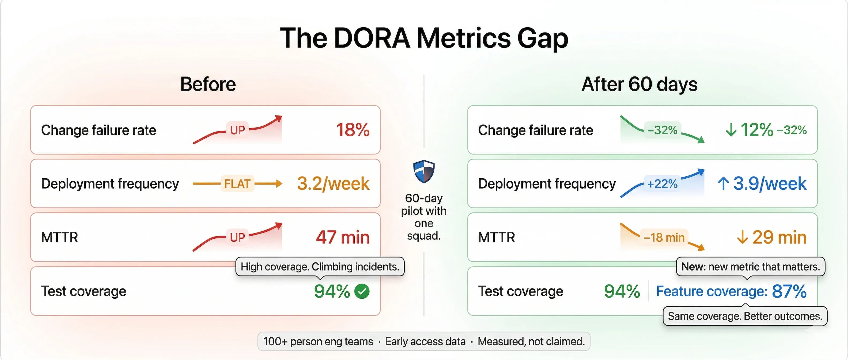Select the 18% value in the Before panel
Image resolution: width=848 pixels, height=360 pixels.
pyautogui.click(x=353, y=130)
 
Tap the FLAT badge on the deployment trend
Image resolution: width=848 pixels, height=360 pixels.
pyautogui.click(x=237, y=183)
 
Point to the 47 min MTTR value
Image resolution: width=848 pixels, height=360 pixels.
pyautogui.click(x=342, y=237)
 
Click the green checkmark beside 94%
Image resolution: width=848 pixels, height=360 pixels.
pyautogui.click(x=362, y=291)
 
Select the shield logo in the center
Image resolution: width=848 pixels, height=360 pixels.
pyautogui.click(x=424, y=171)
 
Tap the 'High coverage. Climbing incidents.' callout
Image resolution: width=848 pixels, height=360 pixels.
pyautogui.click(x=320, y=267)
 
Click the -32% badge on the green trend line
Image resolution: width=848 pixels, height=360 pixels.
pyautogui.click(x=662, y=130)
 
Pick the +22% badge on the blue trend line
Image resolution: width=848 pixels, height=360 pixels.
pyautogui.click(x=662, y=183)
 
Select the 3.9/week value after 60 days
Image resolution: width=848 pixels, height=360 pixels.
pyautogui.click(x=769, y=183)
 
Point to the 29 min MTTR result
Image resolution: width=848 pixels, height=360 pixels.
pyautogui.click(x=779, y=237)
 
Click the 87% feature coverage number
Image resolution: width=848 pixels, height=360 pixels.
pyautogui.click(x=789, y=291)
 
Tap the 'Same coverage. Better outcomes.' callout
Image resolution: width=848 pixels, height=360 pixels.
pyautogui.click(x=745, y=316)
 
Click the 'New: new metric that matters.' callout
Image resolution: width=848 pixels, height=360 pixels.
pyautogui.click(x=750, y=267)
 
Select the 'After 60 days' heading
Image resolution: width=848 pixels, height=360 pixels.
pyautogui.click(x=639, y=84)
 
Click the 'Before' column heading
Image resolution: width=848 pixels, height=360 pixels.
pyautogui.click(x=208, y=84)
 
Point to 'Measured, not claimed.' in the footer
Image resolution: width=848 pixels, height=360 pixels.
pyautogui.click(x=531, y=342)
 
